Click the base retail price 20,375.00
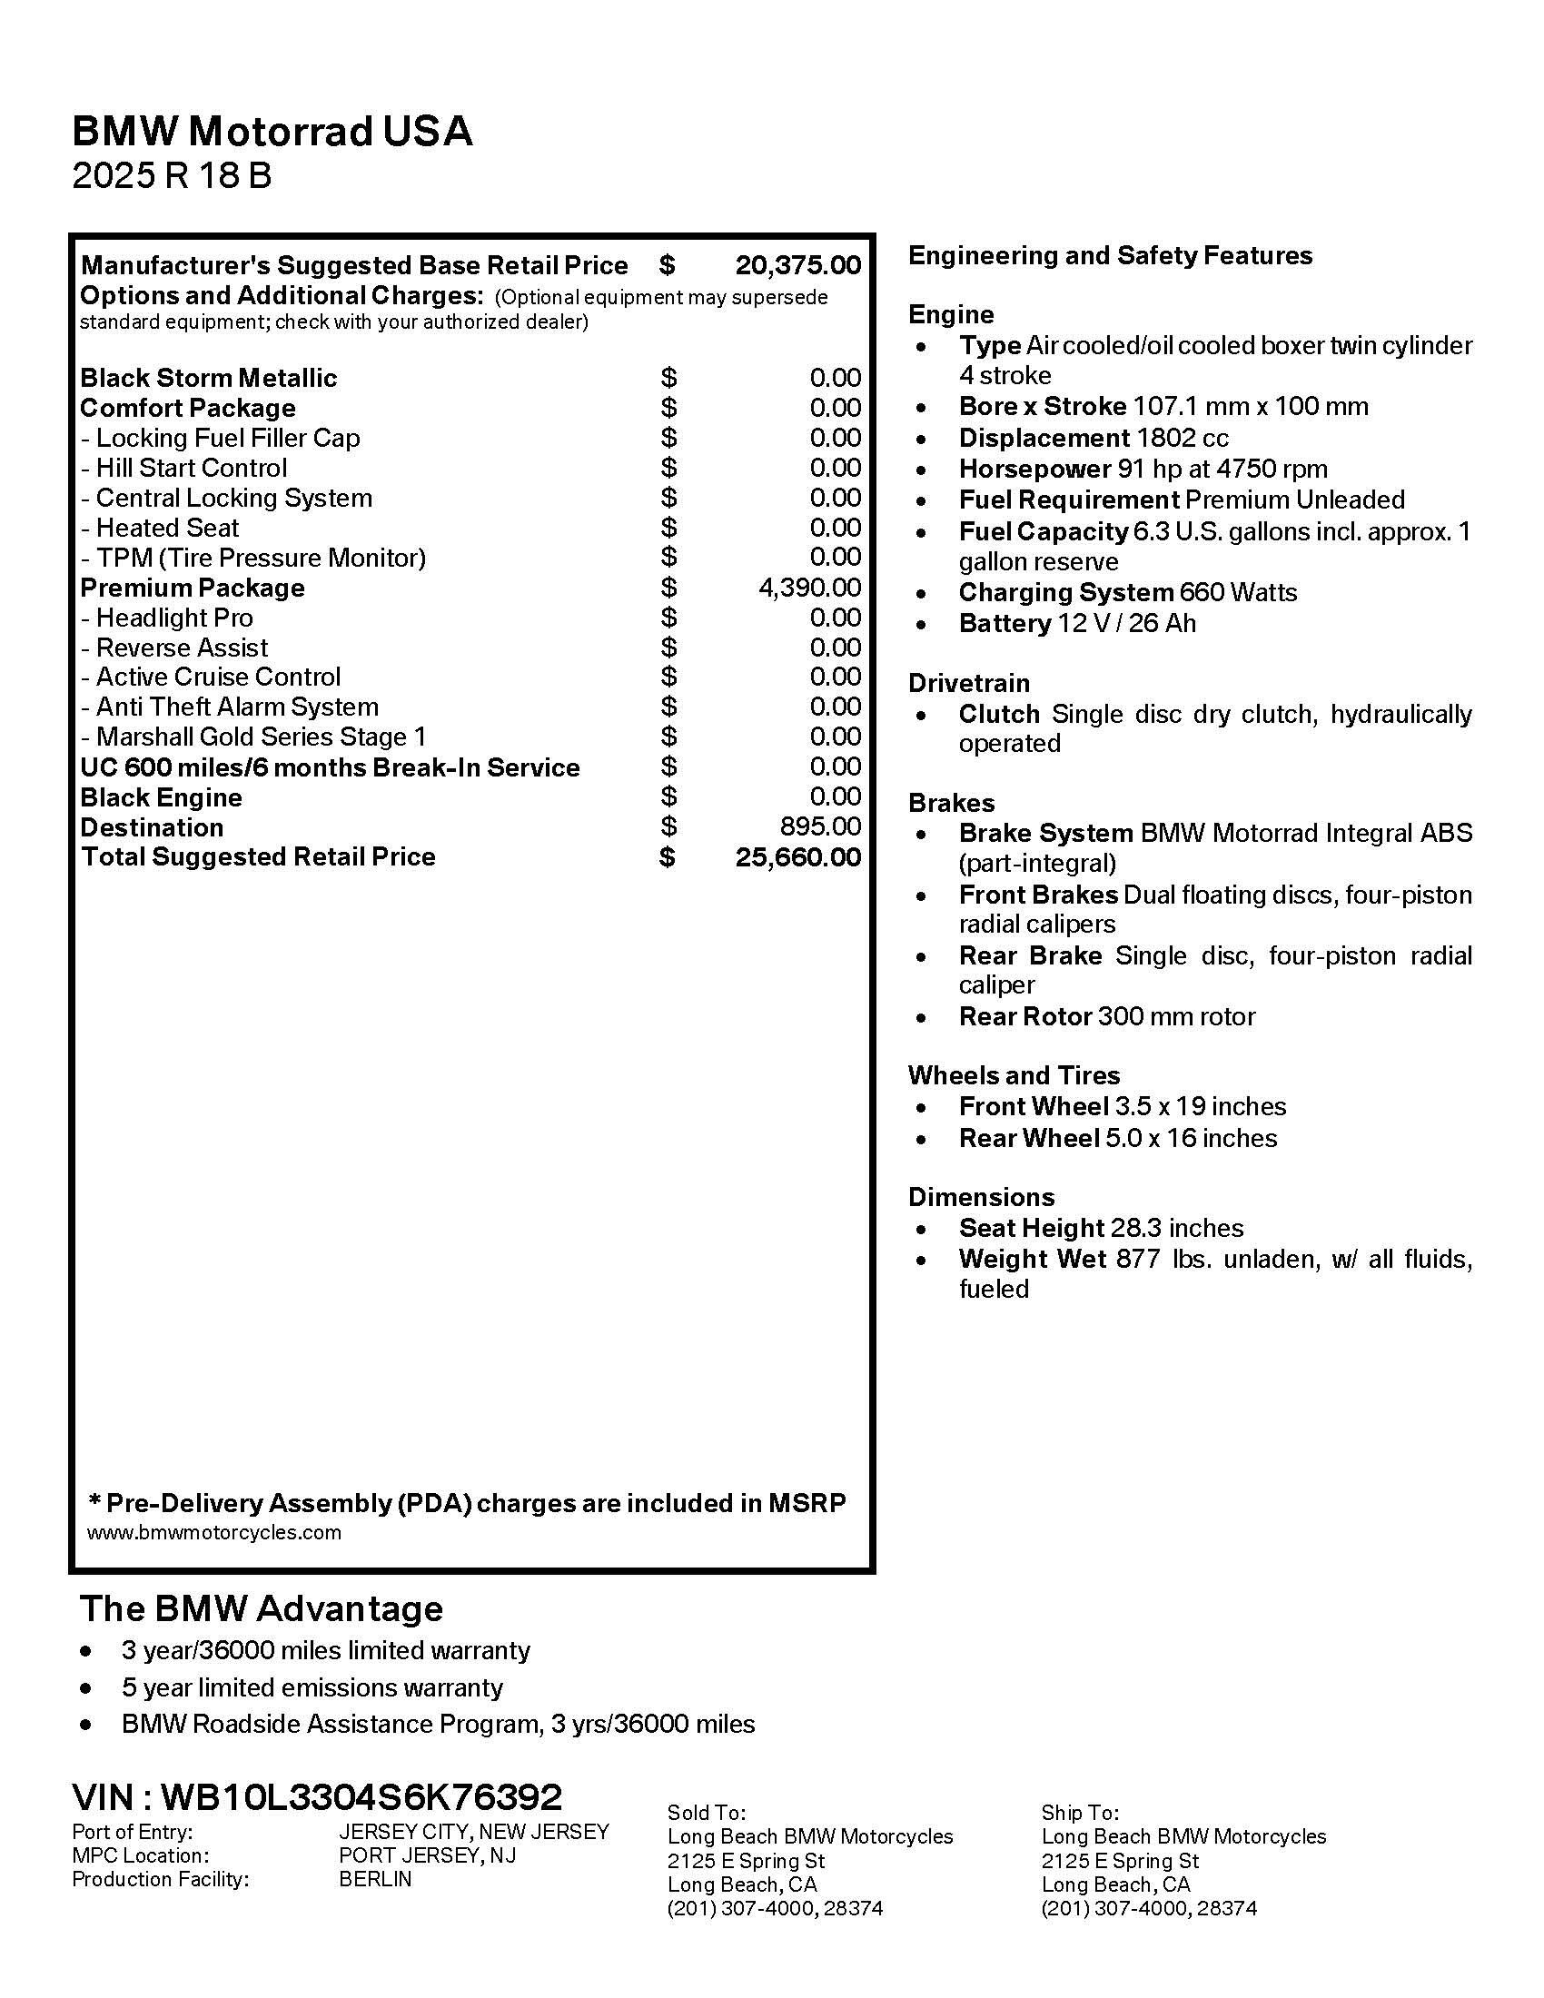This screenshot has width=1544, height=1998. click(x=797, y=265)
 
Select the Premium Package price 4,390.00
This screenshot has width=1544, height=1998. click(x=809, y=588)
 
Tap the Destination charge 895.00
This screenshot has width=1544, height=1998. click(x=820, y=826)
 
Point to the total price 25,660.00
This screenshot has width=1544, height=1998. click(x=797, y=857)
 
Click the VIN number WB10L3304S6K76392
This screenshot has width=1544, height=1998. click(x=361, y=1797)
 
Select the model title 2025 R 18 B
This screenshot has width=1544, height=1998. click(x=172, y=174)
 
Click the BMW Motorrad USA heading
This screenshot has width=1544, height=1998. click(x=272, y=131)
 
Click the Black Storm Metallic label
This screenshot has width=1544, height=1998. click(x=209, y=378)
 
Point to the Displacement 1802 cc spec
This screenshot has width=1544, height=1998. click(x=1093, y=439)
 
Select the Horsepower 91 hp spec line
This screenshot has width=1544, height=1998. click(x=1143, y=470)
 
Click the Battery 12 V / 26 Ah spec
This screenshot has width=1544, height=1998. click(x=1076, y=623)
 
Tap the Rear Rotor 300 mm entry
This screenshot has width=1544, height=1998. click(x=1107, y=1016)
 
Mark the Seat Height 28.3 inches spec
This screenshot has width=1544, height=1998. click(x=1101, y=1228)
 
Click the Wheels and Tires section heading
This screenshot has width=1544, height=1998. click(x=1014, y=1075)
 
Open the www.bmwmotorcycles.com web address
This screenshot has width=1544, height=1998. click(x=214, y=1532)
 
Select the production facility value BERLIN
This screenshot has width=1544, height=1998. click(x=375, y=1879)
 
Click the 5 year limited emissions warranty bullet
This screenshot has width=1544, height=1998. click(x=312, y=1687)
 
